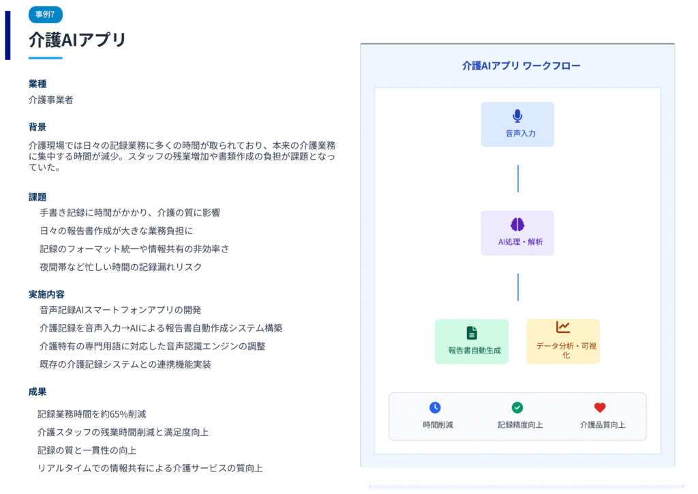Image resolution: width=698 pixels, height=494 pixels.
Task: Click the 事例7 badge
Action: click(45, 14)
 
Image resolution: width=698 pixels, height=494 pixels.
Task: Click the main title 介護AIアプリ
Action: click(78, 40)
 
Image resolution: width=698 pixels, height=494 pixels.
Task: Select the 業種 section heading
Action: click(37, 84)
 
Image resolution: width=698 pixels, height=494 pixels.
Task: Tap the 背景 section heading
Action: click(37, 127)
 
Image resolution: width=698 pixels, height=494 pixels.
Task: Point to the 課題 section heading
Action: click(37, 197)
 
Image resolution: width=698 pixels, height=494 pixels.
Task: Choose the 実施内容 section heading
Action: click(46, 294)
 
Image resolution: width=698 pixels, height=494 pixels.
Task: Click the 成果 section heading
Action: click(37, 392)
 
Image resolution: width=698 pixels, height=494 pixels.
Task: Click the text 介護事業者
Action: click(50, 100)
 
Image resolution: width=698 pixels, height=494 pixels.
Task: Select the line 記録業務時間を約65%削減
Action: click(91, 413)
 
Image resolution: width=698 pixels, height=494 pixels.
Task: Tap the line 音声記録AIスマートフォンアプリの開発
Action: click(121, 310)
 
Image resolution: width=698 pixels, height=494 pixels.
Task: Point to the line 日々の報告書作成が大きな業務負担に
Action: click(116, 231)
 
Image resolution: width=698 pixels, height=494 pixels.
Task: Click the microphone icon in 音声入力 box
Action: click(517, 116)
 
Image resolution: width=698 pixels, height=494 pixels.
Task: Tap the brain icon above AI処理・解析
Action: click(517, 224)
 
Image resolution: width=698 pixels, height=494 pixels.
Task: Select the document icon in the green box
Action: click(472, 333)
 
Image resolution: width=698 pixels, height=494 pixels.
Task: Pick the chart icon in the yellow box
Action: click(562, 328)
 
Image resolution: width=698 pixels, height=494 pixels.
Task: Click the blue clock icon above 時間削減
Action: click(435, 407)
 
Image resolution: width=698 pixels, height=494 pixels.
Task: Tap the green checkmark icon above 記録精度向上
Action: click(517, 407)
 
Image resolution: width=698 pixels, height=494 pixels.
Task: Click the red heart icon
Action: click(600, 407)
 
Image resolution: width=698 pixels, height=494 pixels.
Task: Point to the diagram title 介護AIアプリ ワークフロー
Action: click(521, 66)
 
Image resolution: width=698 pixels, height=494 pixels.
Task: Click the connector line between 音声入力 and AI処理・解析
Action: click(518, 178)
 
